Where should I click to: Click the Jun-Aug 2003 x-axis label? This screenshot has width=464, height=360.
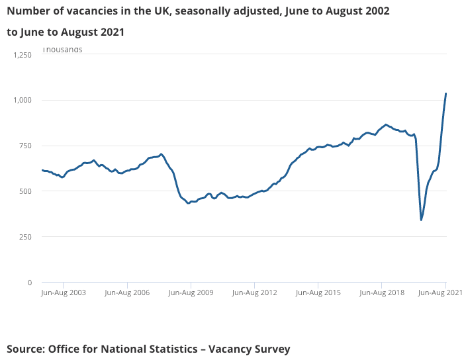[64, 292]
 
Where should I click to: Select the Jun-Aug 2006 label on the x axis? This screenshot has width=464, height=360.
[128, 292]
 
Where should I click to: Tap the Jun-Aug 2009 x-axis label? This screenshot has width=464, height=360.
[191, 292]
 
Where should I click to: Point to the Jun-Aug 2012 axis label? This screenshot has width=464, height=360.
[255, 292]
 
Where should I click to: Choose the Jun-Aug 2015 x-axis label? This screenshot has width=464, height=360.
[318, 292]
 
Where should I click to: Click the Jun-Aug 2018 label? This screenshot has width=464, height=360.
[382, 292]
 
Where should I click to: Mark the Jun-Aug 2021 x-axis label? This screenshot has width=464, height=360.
[440, 292]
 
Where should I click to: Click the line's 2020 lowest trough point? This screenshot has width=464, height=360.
[421, 220]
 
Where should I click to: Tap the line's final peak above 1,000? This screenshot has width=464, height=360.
[445, 93]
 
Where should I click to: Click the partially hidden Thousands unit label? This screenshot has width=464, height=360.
[62, 50]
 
